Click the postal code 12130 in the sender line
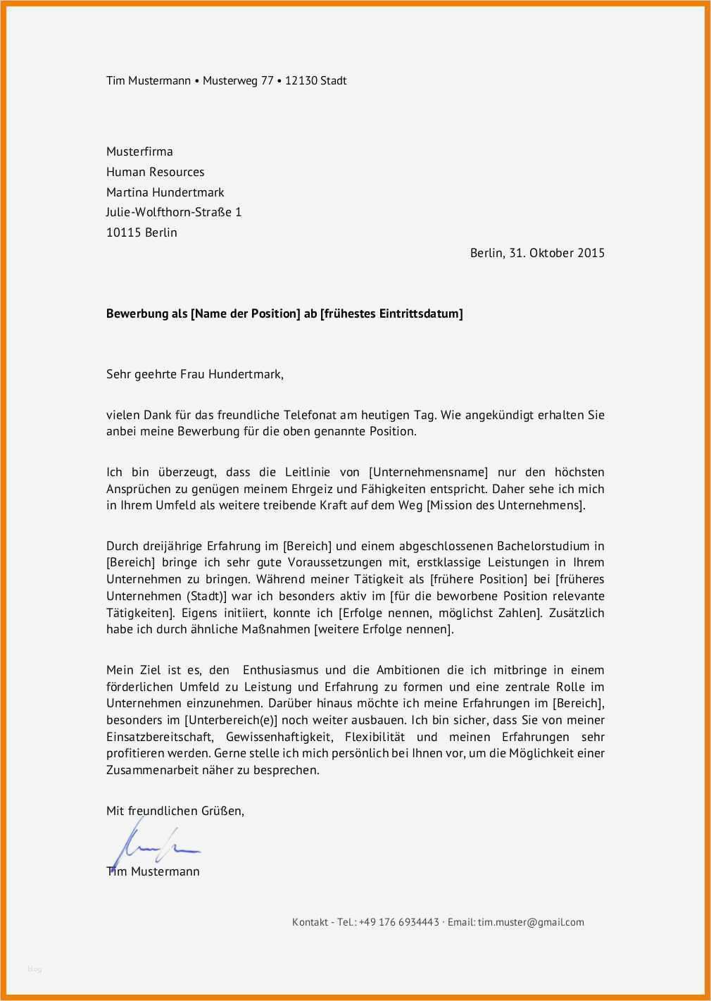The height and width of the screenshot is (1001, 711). coord(301,81)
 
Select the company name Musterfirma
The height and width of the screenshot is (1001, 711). coord(139,151)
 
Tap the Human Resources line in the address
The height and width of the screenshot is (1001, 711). coord(155,172)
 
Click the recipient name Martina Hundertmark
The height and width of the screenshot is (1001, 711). coord(165,192)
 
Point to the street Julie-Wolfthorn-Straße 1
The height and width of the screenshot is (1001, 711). coord(173,212)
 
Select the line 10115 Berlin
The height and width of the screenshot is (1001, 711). coord(141,232)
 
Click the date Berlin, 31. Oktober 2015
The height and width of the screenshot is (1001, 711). coord(537,253)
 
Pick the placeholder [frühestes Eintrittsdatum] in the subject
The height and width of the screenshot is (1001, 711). coord(391,314)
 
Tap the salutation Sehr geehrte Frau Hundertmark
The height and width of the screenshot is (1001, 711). coord(194,375)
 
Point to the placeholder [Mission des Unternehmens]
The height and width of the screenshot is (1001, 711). coord(505,506)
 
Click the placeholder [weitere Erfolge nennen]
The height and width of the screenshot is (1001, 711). coord(384,630)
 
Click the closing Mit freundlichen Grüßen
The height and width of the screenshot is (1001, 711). coord(175,811)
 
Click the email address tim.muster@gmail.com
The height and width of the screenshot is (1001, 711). coord(531,922)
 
